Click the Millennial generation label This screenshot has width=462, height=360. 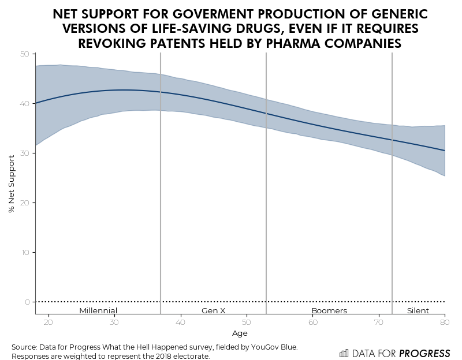[98, 310]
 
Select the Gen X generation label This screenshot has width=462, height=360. [213, 310]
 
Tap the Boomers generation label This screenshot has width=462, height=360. [329, 310]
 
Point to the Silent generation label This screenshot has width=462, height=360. [418, 310]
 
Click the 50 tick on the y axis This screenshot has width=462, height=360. [25, 54]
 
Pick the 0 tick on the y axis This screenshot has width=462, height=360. [27, 302]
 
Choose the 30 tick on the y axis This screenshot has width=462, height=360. [25, 153]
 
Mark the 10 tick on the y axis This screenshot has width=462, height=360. [25, 253]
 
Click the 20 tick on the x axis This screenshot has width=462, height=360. [49, 322]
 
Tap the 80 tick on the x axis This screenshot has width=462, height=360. [445, 322]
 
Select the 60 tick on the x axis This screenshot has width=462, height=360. [313, 322]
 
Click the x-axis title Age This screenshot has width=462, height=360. [240, 333]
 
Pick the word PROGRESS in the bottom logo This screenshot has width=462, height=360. [426, 353]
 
